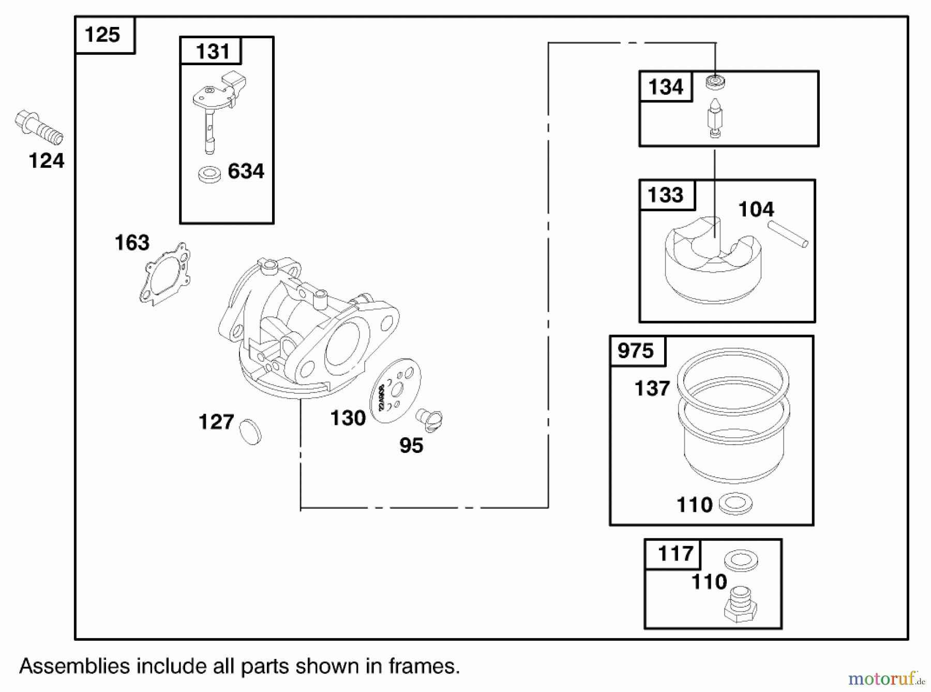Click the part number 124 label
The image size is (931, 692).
click(46, 161)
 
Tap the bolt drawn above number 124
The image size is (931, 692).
click(39, 127)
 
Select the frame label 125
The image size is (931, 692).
click(102, 35)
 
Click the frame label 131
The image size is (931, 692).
click(212, 51)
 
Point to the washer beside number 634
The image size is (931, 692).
click(209, 173)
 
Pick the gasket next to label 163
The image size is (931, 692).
click(165, 273)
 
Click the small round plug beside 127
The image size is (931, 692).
click(251, 431)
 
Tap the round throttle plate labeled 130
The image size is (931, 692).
click(395, 391)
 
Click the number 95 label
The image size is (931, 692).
click(411, 446)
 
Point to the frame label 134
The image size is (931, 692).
click(666, 87)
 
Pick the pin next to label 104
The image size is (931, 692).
click(788, 234)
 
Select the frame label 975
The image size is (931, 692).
click(636, 351)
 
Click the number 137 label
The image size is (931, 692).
click(652, 388)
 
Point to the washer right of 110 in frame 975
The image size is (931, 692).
click(735, 503)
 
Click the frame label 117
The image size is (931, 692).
click(675, 554)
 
